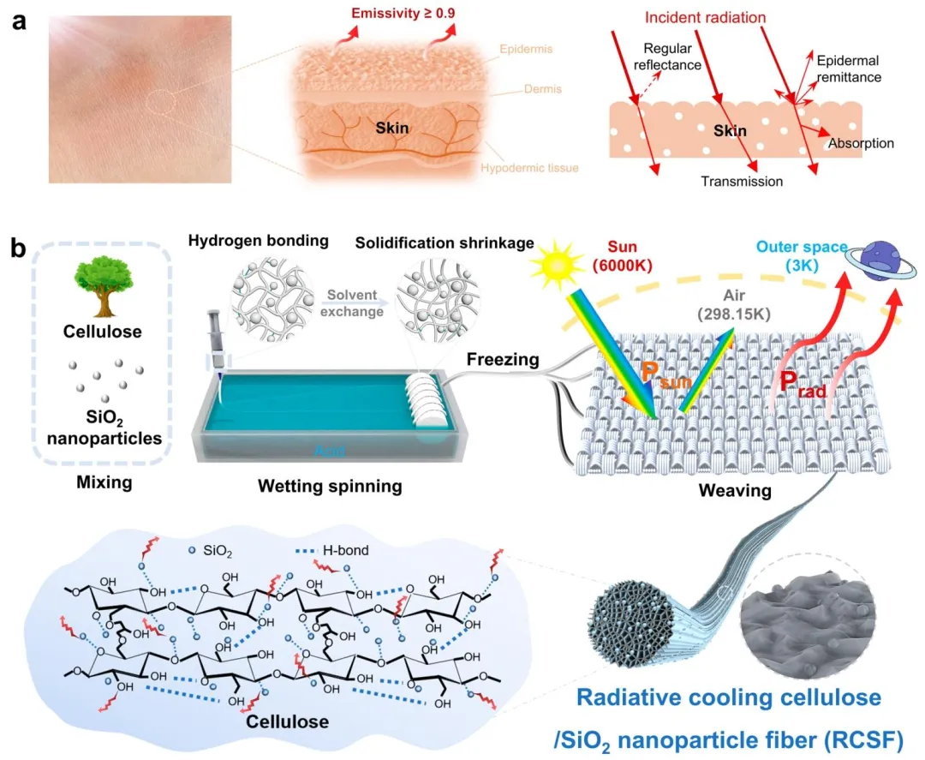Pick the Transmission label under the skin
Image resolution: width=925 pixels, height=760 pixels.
tap(741, 181)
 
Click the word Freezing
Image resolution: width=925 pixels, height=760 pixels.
tap(503, 361)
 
